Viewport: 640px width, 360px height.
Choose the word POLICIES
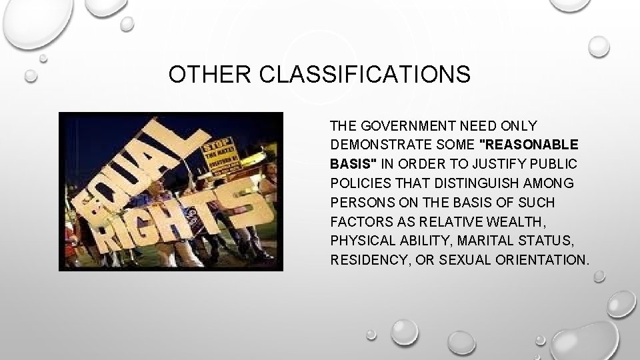coord(358,183)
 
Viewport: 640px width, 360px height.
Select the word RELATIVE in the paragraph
coord(434,221)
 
